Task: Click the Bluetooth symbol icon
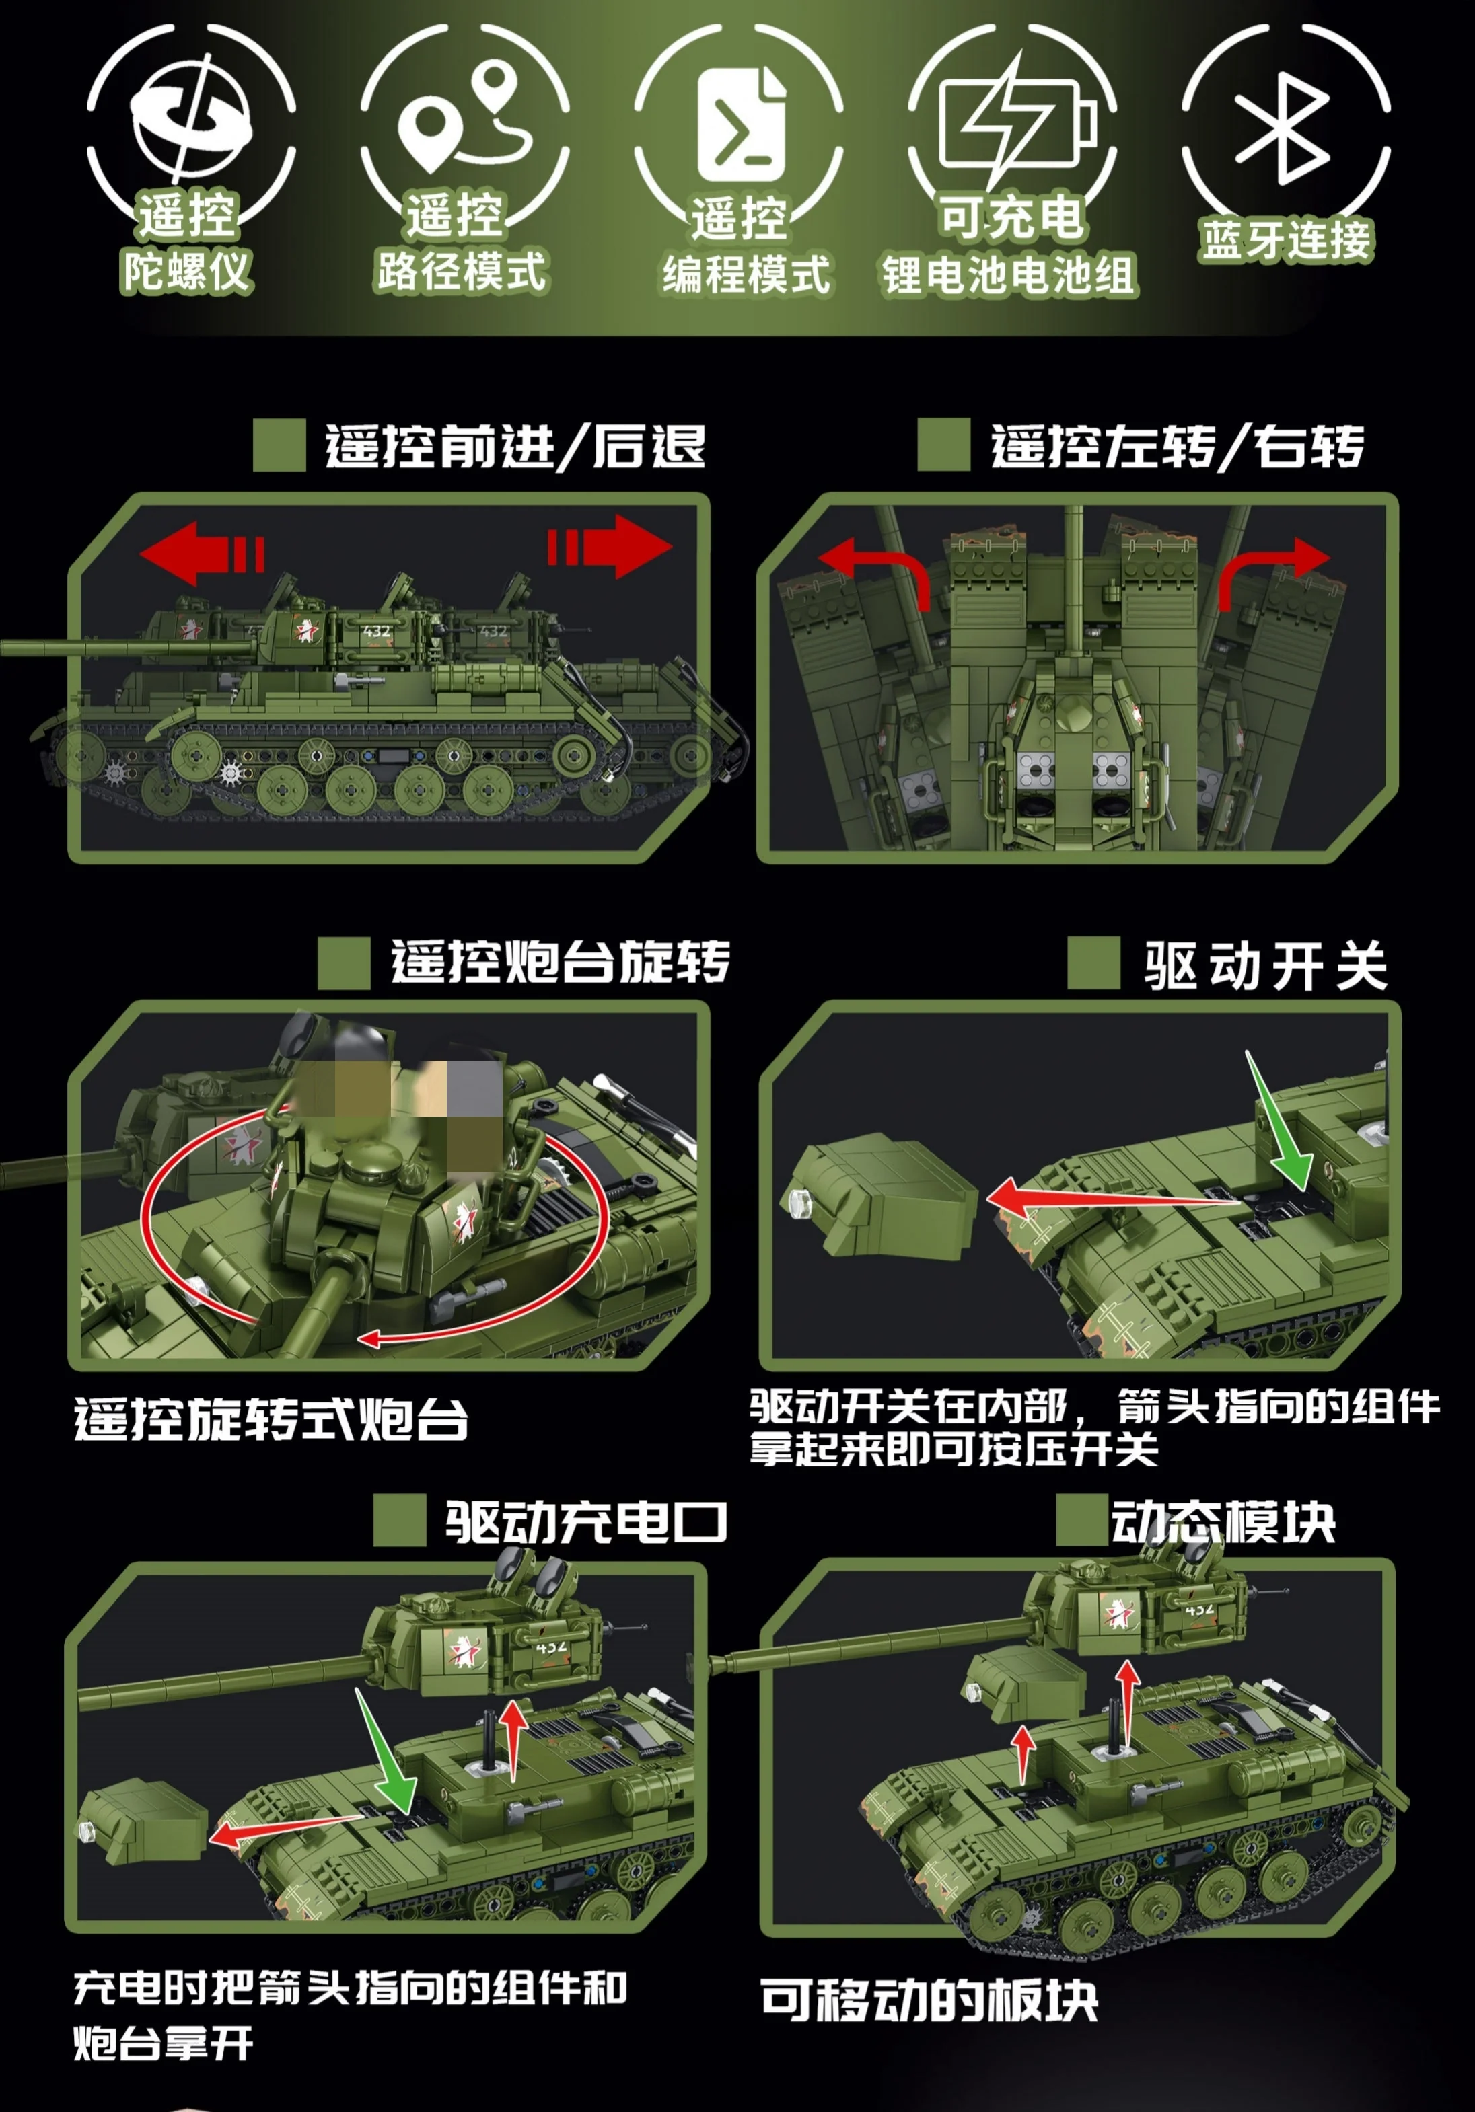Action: [x=1285, y=128]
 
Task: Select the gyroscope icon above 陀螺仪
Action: [x=191, y=120]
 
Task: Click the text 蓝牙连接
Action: [x=1285, y=240]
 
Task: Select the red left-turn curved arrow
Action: [x=874, y=568]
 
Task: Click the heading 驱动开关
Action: [x=1265, y=967]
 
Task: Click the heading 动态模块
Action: [x=1223, y=1522]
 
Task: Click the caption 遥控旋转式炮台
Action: [x=271, y=1419]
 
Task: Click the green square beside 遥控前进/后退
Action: [x=279, y=446]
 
